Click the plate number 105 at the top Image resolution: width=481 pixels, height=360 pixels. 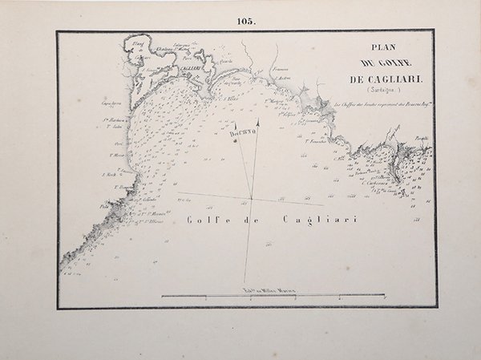(246, 22)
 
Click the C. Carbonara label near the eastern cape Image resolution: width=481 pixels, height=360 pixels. (374, 182)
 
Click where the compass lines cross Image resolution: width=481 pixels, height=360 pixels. (251, 197)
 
